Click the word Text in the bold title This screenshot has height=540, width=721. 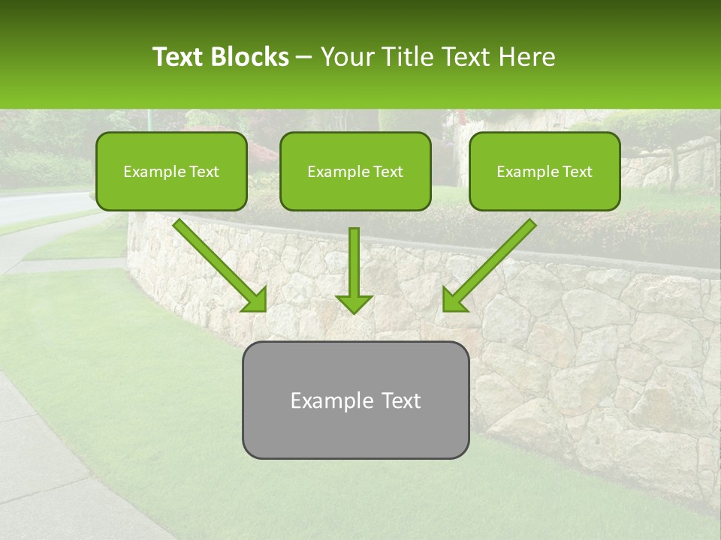(x=178, y=57)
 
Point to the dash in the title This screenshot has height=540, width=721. (x=304, y=58)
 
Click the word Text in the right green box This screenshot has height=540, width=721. (x=577, y=172)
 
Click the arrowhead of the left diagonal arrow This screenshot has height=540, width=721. (x=255, y=301)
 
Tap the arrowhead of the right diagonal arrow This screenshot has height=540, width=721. (x=454, y=301)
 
